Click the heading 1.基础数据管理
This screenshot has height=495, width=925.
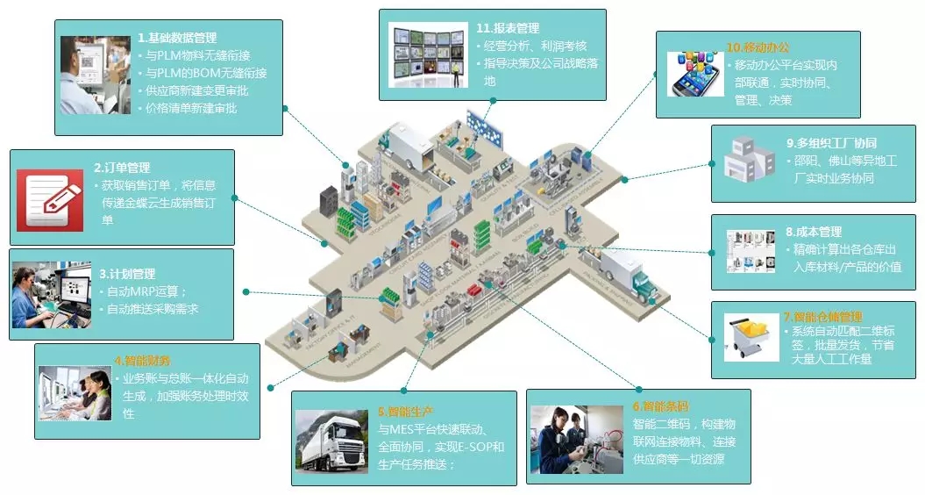(177, 39)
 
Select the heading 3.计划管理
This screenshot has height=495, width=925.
(127, 274)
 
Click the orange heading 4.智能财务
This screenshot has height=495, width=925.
(142, 361)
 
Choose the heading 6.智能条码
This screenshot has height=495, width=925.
(660, 407)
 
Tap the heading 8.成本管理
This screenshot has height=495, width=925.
(814, 233)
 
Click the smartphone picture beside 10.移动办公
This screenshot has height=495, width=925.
(696, 74)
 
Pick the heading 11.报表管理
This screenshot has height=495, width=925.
(508, 28)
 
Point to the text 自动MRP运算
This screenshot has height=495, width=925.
(147, 291)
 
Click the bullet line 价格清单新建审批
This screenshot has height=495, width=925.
(191, 108)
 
